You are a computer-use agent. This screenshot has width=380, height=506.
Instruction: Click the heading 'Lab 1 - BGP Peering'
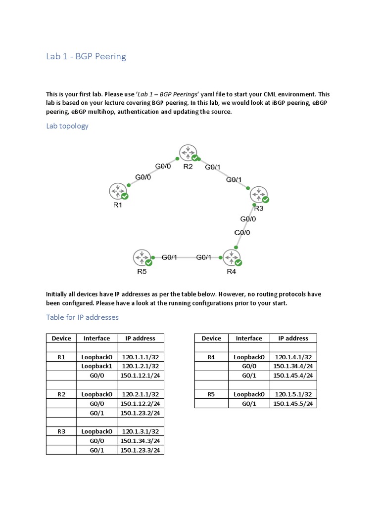pos(86,56)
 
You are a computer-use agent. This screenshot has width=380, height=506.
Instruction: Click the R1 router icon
pos(117,191)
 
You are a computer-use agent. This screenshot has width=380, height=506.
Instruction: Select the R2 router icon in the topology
pos(188,153)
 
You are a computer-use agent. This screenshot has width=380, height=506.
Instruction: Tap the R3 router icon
pos(258,194)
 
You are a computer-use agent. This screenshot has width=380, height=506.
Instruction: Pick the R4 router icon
pos(231,257)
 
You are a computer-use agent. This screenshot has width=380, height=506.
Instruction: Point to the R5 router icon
pos(141,257)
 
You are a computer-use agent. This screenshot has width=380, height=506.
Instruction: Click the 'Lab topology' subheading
pos(67,126)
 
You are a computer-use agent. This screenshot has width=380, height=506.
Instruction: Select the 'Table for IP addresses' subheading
pos(82,317)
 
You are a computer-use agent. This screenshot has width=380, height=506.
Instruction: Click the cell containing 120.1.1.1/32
pos(140,357)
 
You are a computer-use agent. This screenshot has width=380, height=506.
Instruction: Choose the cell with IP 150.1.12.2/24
pos(140,404)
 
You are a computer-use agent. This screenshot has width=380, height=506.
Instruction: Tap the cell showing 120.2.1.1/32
pos(140,394)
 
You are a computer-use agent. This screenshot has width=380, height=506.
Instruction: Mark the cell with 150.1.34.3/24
pos(140,441)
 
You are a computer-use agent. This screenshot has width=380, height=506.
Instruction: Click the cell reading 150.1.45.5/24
pos(293,404)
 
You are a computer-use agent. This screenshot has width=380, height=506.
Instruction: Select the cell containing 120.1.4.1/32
pos(293,357)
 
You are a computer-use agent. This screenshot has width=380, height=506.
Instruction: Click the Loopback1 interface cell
pos(97,366)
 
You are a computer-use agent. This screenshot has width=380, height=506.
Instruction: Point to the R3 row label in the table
pos(61,431)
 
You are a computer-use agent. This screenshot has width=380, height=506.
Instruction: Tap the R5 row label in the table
pos(211,394)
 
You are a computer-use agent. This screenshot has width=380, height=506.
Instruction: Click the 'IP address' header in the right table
pos(293,338)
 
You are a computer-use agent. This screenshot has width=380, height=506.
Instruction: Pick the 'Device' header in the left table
pos(61,338)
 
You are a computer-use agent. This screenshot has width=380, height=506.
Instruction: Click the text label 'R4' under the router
pos(231,271)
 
